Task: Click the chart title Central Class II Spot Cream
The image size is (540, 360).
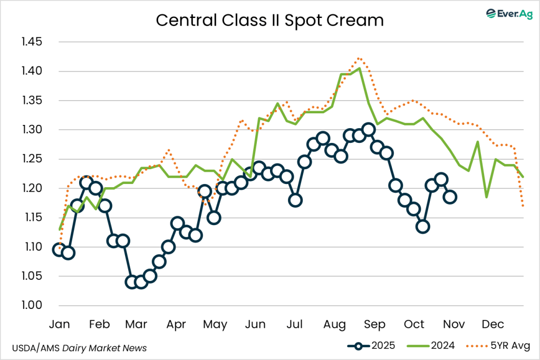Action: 269,21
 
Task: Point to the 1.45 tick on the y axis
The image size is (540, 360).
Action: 33,42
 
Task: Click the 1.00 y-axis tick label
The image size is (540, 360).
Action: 33,306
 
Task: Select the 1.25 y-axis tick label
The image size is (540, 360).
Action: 33,159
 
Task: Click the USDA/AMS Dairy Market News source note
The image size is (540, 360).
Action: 79,348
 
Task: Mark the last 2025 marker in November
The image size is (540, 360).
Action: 450,197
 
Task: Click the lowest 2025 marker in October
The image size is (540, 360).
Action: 422,227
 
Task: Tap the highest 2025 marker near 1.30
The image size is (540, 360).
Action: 369,130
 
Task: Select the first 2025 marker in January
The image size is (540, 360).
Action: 59,249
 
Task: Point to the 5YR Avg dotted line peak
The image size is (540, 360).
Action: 359,58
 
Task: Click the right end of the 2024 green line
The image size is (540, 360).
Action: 523,177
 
